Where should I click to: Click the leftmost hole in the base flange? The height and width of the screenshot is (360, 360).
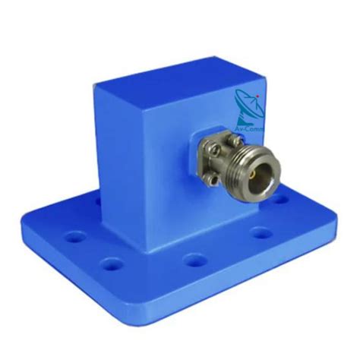(x=75, y=237)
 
